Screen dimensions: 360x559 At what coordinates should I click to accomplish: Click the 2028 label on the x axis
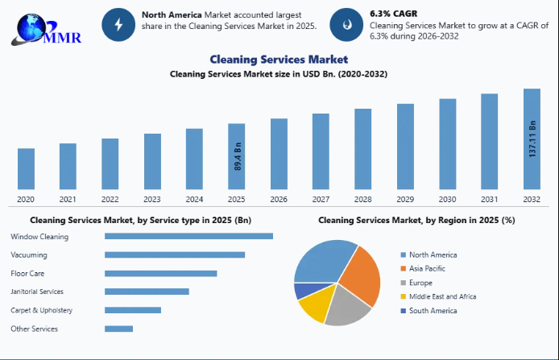[x=362, y=200]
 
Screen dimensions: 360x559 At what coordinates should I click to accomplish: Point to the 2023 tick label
[x=152, y=200]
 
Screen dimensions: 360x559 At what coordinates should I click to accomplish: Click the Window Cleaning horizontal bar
[x=188, y=236]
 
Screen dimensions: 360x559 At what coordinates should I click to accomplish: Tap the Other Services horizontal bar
[x=118, y=329]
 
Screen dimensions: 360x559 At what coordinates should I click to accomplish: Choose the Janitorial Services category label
[x=37, y=292]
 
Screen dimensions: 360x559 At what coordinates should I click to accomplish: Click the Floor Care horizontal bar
[x=160, y=273]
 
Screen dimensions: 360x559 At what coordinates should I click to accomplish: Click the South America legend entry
[x=433, y=311]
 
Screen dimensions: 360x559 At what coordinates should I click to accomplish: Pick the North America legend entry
[x=433, y=254]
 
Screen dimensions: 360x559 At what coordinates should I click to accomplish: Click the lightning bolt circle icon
[x=118, y=25]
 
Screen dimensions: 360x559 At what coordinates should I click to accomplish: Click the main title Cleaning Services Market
[x=279, y=59]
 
